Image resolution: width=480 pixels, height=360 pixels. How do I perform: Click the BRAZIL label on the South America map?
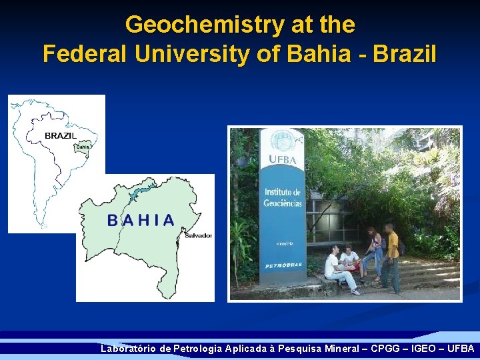click(61, 135)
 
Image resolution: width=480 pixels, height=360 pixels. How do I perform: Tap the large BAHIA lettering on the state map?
click(141, 220)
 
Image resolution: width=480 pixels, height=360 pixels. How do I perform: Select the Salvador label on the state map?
click(198, 235)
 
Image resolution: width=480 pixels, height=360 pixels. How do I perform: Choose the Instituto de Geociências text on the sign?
click(283, 197)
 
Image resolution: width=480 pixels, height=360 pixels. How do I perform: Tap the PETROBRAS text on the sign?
click(283, 265)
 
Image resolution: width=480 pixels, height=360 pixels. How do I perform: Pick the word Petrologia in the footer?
click(197, 349)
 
